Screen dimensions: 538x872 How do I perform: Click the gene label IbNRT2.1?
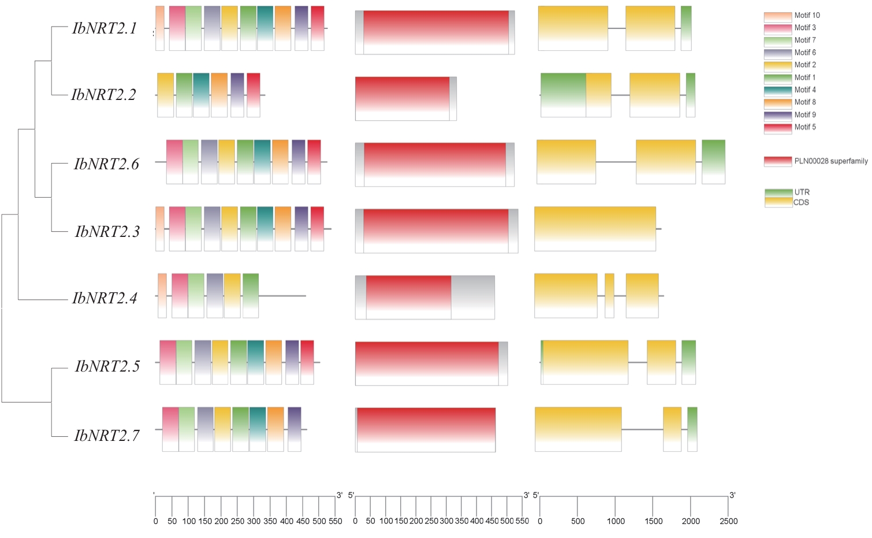point(105,28)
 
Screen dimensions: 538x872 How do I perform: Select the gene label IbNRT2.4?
point(105,298)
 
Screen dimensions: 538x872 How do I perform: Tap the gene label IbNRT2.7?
point(107,435)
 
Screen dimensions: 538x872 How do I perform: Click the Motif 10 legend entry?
point(792,16)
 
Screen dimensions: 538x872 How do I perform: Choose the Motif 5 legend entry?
point(792,127)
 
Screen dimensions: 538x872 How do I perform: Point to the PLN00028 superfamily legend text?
point(830,161)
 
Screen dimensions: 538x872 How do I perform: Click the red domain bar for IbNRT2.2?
point(402,99)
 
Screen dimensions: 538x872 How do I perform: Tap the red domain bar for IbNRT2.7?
point(426,429)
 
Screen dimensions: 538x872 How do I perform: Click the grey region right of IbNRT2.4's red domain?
point(472,297)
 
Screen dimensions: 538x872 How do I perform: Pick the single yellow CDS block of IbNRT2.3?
point(595,229)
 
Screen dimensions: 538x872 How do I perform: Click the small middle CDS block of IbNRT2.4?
point(609,296)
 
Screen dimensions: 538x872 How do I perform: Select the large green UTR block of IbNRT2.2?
point(563,95)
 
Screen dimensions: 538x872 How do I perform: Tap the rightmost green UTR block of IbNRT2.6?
point(713,162)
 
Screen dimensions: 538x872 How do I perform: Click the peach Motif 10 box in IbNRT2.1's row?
point(160,28)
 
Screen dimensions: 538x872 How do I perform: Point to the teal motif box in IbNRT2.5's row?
point(255,362)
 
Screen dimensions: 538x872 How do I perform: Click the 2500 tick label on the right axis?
point(728,521)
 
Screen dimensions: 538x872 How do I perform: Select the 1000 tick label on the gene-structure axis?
point(616,521)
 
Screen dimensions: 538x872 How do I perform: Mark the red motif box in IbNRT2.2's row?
point(254,95)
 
